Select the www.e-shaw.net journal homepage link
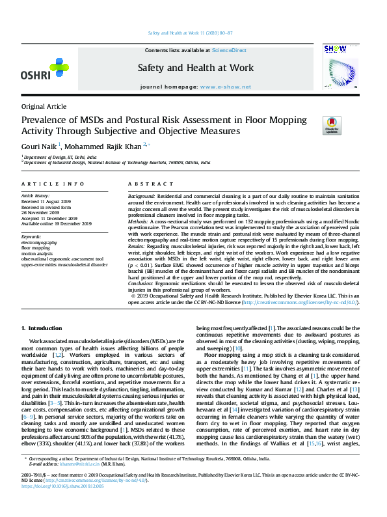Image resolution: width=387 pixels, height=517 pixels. (x=225, y=86)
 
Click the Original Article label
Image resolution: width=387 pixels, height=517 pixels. (x=44, y=106)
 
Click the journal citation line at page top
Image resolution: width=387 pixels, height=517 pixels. (x=193, y=33)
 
